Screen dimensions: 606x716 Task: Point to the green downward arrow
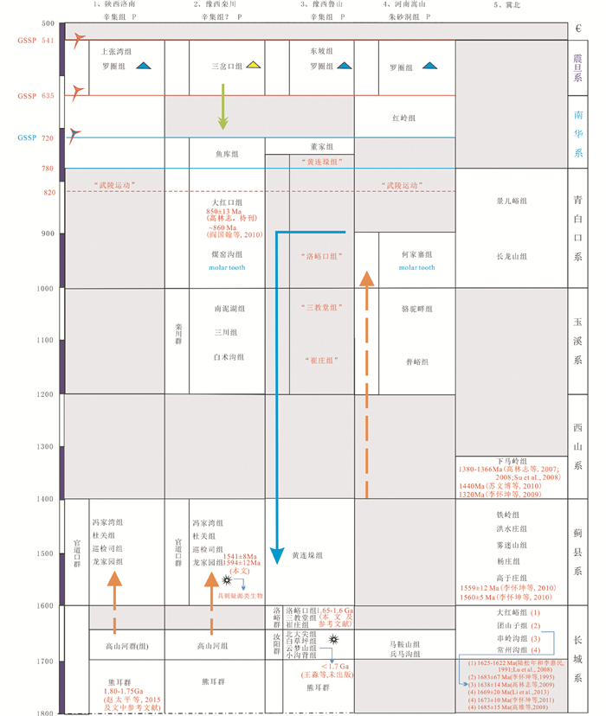[x=223, y=108]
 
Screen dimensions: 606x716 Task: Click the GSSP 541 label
[x=29, y=41]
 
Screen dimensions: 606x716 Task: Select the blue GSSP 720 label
[x=29, y=138]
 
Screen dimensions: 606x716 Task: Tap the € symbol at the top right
[x=577, y=29]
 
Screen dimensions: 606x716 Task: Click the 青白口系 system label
[x=577, y=228]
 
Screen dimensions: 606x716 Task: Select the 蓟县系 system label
[x=577, y=552]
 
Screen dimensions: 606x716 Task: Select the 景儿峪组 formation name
[x=512, y=201]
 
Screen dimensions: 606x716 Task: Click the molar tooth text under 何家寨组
[x=403, y=267]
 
